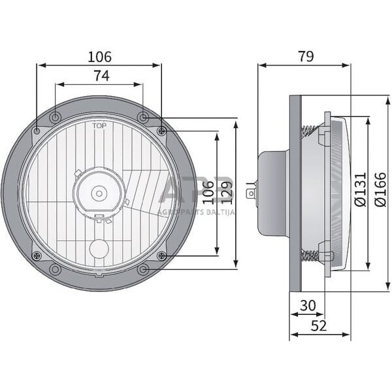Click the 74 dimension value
click(x=99, y=76)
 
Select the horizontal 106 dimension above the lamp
click(x=99, y=57)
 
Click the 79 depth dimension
click(x=304, y=57)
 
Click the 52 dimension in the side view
click(x=319, y=325)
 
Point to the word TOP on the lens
click(x=99, y=125)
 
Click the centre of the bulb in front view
click(x=99, y=193)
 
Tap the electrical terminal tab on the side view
click(x=252, y=193)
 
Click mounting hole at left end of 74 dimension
click(x=56, y=118)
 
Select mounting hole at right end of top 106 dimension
click(x=161, y=131)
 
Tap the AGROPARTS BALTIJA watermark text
click(x=196, y=211)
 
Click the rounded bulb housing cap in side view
click(x=271, y=193)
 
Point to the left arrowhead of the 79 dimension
click(x=261, y=65)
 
